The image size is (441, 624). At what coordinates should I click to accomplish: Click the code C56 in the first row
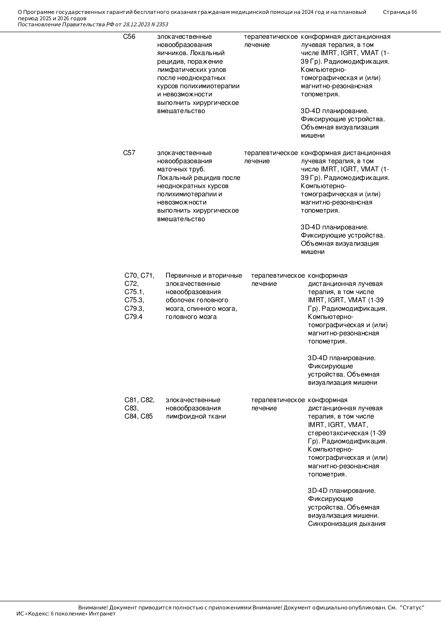coord(129,37)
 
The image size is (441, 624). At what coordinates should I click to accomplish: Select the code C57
coord(129,153)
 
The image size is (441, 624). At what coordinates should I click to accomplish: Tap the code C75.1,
coord(134,292)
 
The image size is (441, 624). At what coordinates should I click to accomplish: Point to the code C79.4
coord(133,317)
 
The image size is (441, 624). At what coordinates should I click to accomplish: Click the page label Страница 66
coord(400,12)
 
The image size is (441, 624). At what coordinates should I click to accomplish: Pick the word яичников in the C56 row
coord(171,53)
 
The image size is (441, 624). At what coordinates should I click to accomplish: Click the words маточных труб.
coord(181,169)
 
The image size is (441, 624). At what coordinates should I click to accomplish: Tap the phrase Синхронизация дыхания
coord(346,524)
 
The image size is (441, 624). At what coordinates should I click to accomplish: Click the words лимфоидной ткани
coord(196,416)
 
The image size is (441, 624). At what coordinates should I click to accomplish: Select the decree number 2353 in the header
coord(162,25)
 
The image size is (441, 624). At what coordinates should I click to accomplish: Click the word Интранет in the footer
coord(102,614)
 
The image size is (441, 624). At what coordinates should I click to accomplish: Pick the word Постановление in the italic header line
coord(39,25)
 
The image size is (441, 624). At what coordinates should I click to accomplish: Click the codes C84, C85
coord(138,416)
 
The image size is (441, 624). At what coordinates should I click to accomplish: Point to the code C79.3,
coord(134,309)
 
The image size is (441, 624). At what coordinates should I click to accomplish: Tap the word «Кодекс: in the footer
coord(38,614)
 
